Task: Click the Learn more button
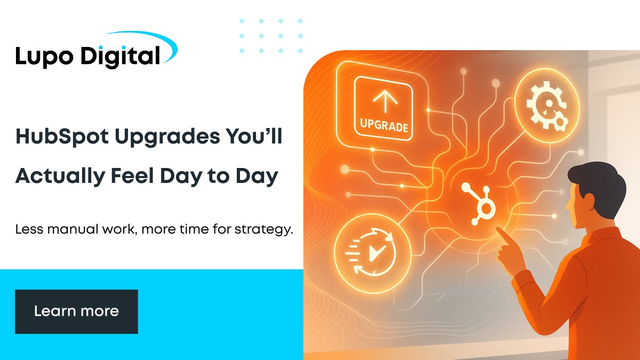(76, 311)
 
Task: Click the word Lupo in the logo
(42, 57)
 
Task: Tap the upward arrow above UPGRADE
(383, 101)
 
